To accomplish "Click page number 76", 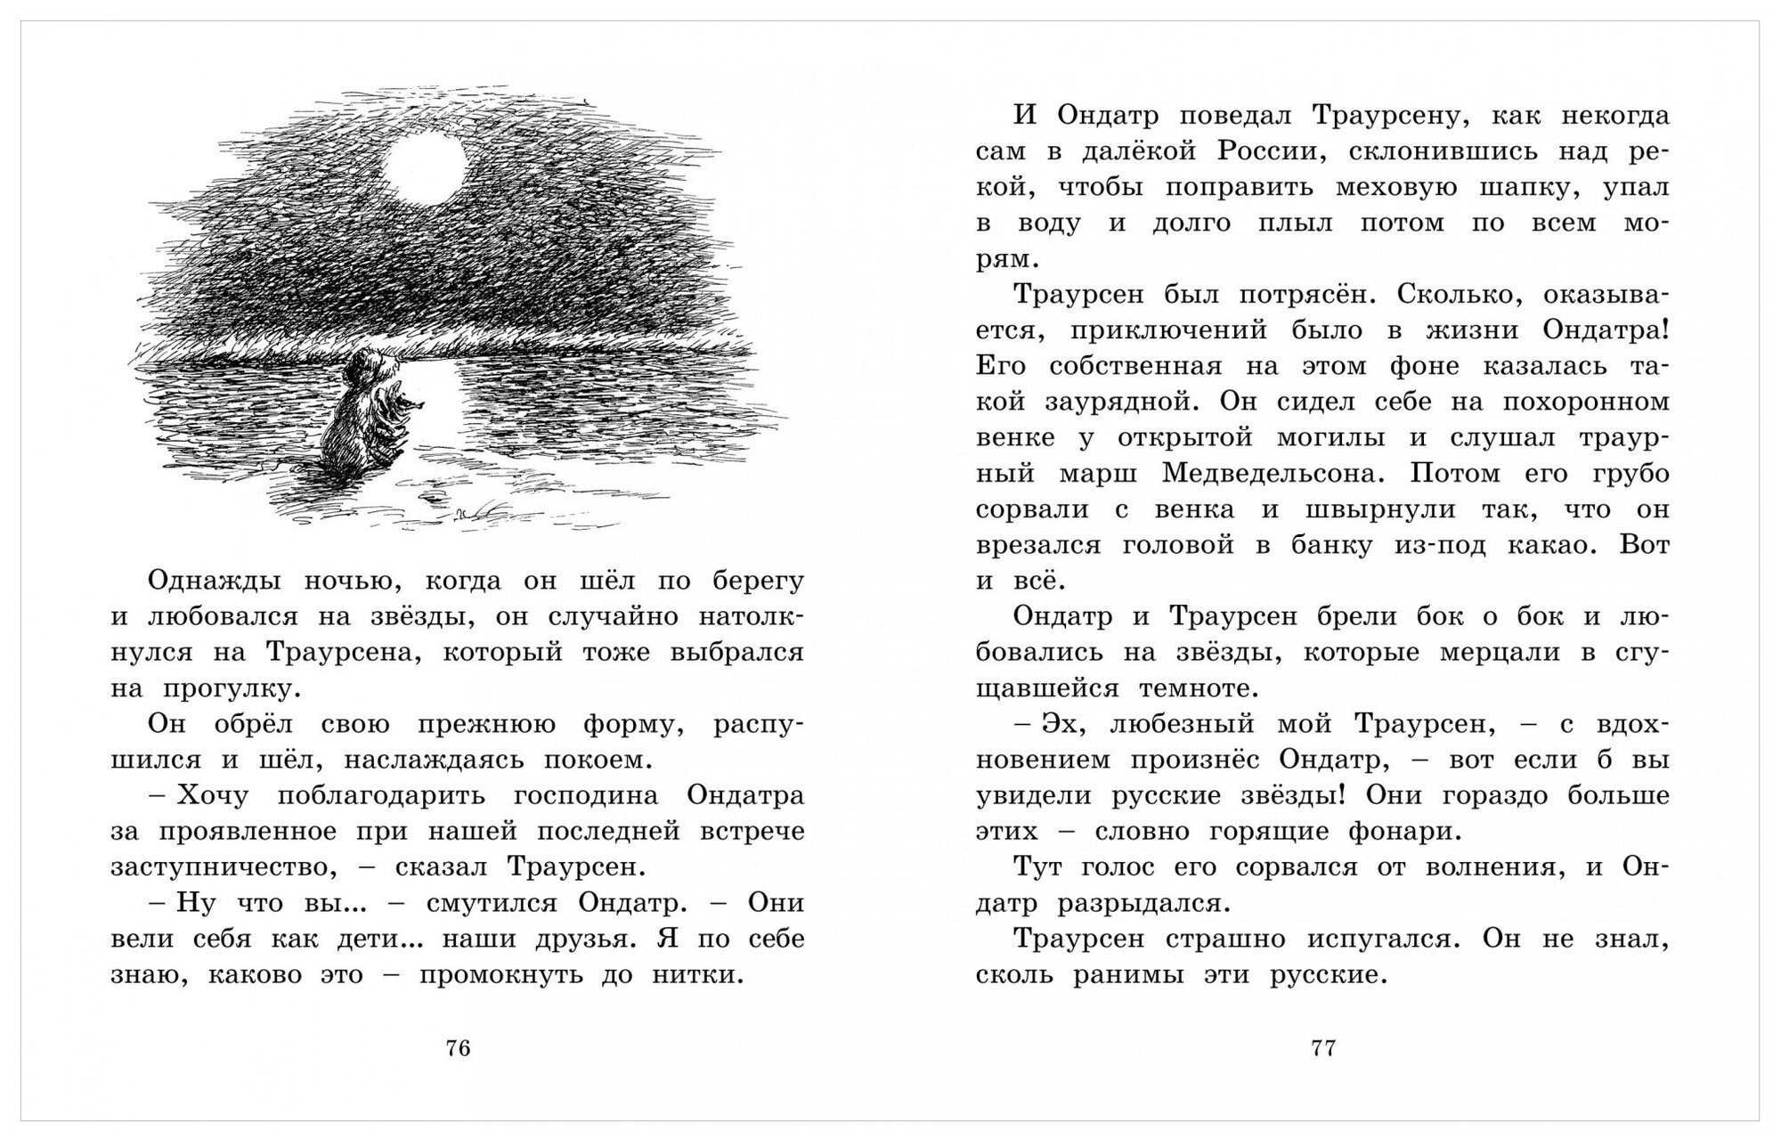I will coord(458,1048).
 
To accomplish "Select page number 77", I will coord(1323,1048).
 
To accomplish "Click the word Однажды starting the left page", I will coord(212,581).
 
